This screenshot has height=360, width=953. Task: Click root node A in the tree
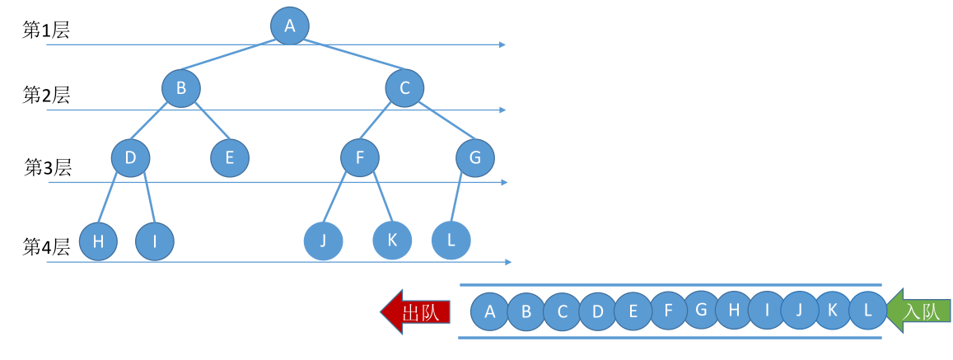click(x=289, y=26)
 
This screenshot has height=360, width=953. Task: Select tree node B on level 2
click(x=181, y=88)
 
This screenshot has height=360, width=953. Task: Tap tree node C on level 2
click(x=404, y=88)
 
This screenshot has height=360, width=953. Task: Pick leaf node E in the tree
click(x=229, y=157)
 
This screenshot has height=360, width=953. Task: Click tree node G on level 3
click(x=475, y=157)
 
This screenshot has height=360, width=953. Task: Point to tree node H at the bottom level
click(x=98, y=241)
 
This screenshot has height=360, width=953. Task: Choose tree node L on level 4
click(x=451, y=240)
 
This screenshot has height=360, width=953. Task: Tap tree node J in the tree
click(x=323, y=241)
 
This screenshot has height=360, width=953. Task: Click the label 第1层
click(x=45, y=31)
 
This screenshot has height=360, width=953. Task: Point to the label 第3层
click(x=48, y=169)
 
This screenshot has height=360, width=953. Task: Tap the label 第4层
click(x=46, y=246)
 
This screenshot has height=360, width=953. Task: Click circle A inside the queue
click(x=490, y=312)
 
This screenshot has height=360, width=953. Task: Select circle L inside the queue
click(x=867, y=311)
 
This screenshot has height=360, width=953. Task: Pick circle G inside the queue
click(x=702, y=310)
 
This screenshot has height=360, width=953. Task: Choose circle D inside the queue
click(x=598, y=312)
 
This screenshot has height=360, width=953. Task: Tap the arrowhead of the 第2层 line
click(x=502, y=110)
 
